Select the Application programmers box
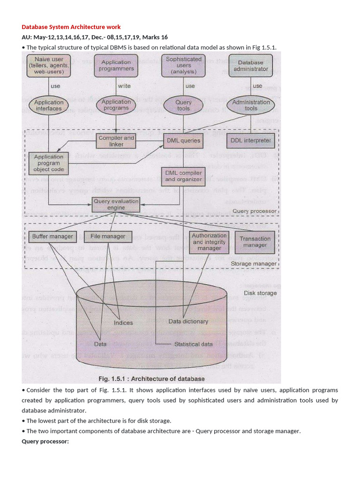tap(116, 65)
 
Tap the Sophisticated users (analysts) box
tap(184, 65)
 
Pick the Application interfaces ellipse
tap(49, 105)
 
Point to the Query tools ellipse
tap(183, 105)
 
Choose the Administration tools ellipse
tap(251, 105)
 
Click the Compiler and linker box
tap(116, 141)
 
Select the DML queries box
tap(183, 140)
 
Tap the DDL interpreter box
tap(251, 140)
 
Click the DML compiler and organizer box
tap(183, 176)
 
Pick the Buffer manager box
tap(52, 237)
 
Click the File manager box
tap(108, 237)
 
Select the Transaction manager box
tap(255, 242)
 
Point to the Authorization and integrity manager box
tap(209, 242)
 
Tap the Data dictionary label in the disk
tap(188, 322)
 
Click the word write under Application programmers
tap(124, 86)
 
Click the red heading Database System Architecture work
tap(71, 27)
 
